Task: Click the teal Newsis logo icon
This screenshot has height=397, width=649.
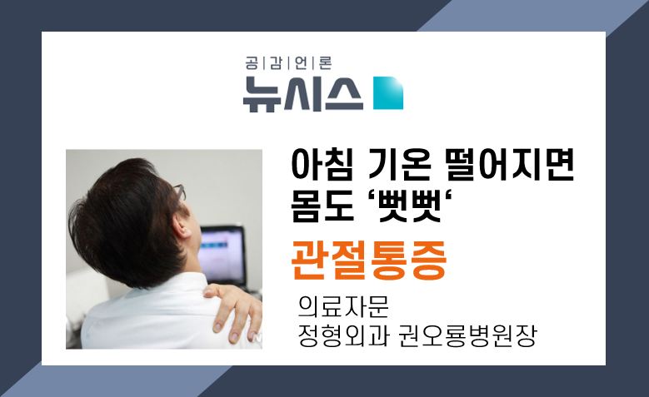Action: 388,92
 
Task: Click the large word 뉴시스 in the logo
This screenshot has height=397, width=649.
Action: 303,94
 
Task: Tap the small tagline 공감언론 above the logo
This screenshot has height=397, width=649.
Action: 288,63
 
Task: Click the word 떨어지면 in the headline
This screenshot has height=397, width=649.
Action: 510,164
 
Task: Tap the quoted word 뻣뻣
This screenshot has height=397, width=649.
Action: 410,206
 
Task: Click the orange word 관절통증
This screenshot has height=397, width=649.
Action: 369,261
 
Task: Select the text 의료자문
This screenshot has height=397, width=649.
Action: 343,306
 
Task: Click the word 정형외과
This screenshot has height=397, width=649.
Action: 343,335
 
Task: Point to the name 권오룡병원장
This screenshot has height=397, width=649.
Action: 467,335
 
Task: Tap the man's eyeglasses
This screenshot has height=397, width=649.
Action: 180,192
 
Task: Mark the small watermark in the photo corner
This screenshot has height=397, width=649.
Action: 257,338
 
